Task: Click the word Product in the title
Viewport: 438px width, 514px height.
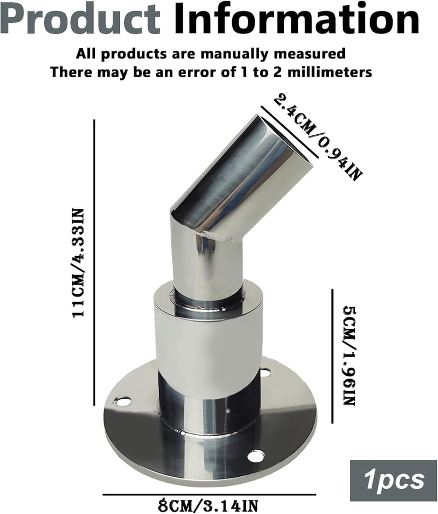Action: click(x=81, y=20)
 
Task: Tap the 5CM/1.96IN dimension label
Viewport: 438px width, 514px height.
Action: click(x=349, y=356)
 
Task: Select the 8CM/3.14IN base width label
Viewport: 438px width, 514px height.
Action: click(x=209, y=505)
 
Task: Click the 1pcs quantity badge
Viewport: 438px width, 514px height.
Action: click(x=393, y=481)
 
